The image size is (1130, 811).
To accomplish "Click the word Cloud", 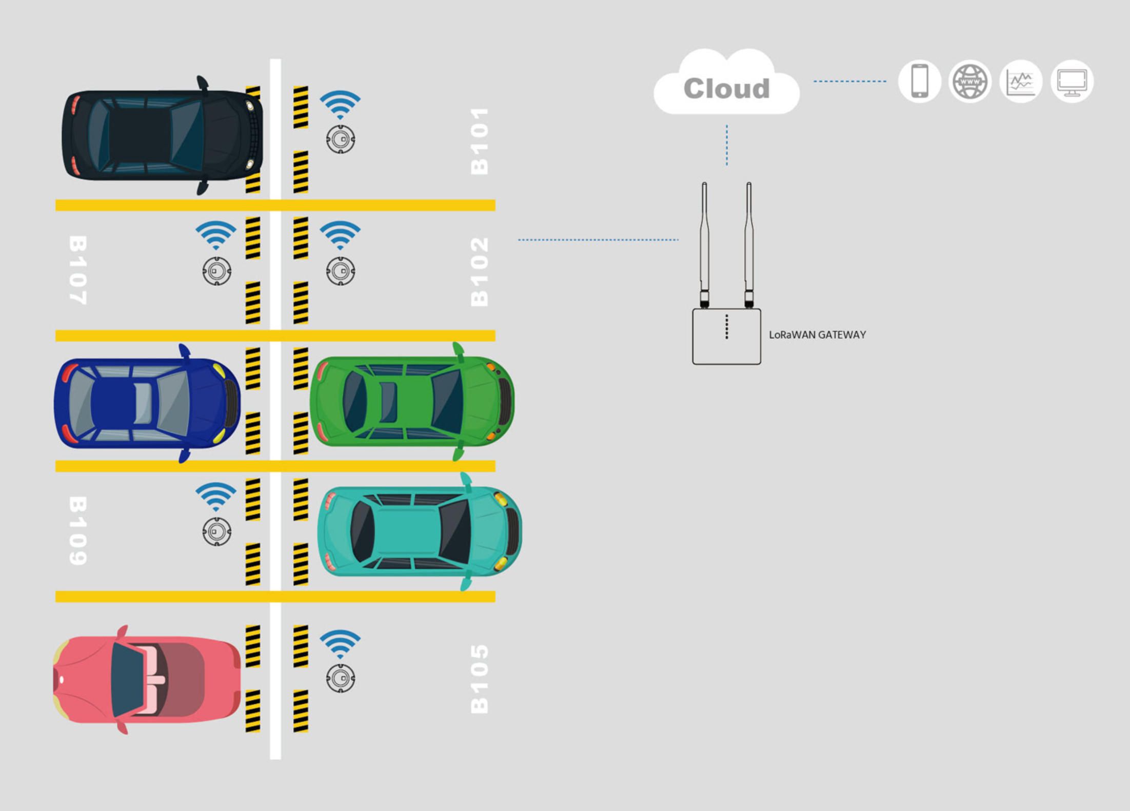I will coord(726,89).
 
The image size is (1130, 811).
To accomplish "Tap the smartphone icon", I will coord(919,81).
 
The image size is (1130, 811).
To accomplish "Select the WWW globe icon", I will coord(969,82).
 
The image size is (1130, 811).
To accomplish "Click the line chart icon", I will coord(1020,82).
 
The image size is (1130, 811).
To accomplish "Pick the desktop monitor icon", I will coord(1072,82).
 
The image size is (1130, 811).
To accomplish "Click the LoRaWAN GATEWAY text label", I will coord(817,335).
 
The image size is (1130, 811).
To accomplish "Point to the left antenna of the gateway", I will coord(704,241).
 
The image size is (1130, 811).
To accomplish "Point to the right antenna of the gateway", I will coord(749,241).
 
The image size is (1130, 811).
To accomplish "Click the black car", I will coord(162,135).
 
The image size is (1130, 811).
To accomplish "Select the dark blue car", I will coord(147,403).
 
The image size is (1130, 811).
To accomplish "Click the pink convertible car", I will coord(147,680).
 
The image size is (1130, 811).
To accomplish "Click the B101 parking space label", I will coord(479,141).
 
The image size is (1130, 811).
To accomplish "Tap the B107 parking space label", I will coord(78,270).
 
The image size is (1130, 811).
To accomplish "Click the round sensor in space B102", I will coord(340,271).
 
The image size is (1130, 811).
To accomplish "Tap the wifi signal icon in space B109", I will coord(215,496).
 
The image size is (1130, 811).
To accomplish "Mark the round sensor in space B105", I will coord(340,678).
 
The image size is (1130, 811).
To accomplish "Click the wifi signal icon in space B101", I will coord(340,104).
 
